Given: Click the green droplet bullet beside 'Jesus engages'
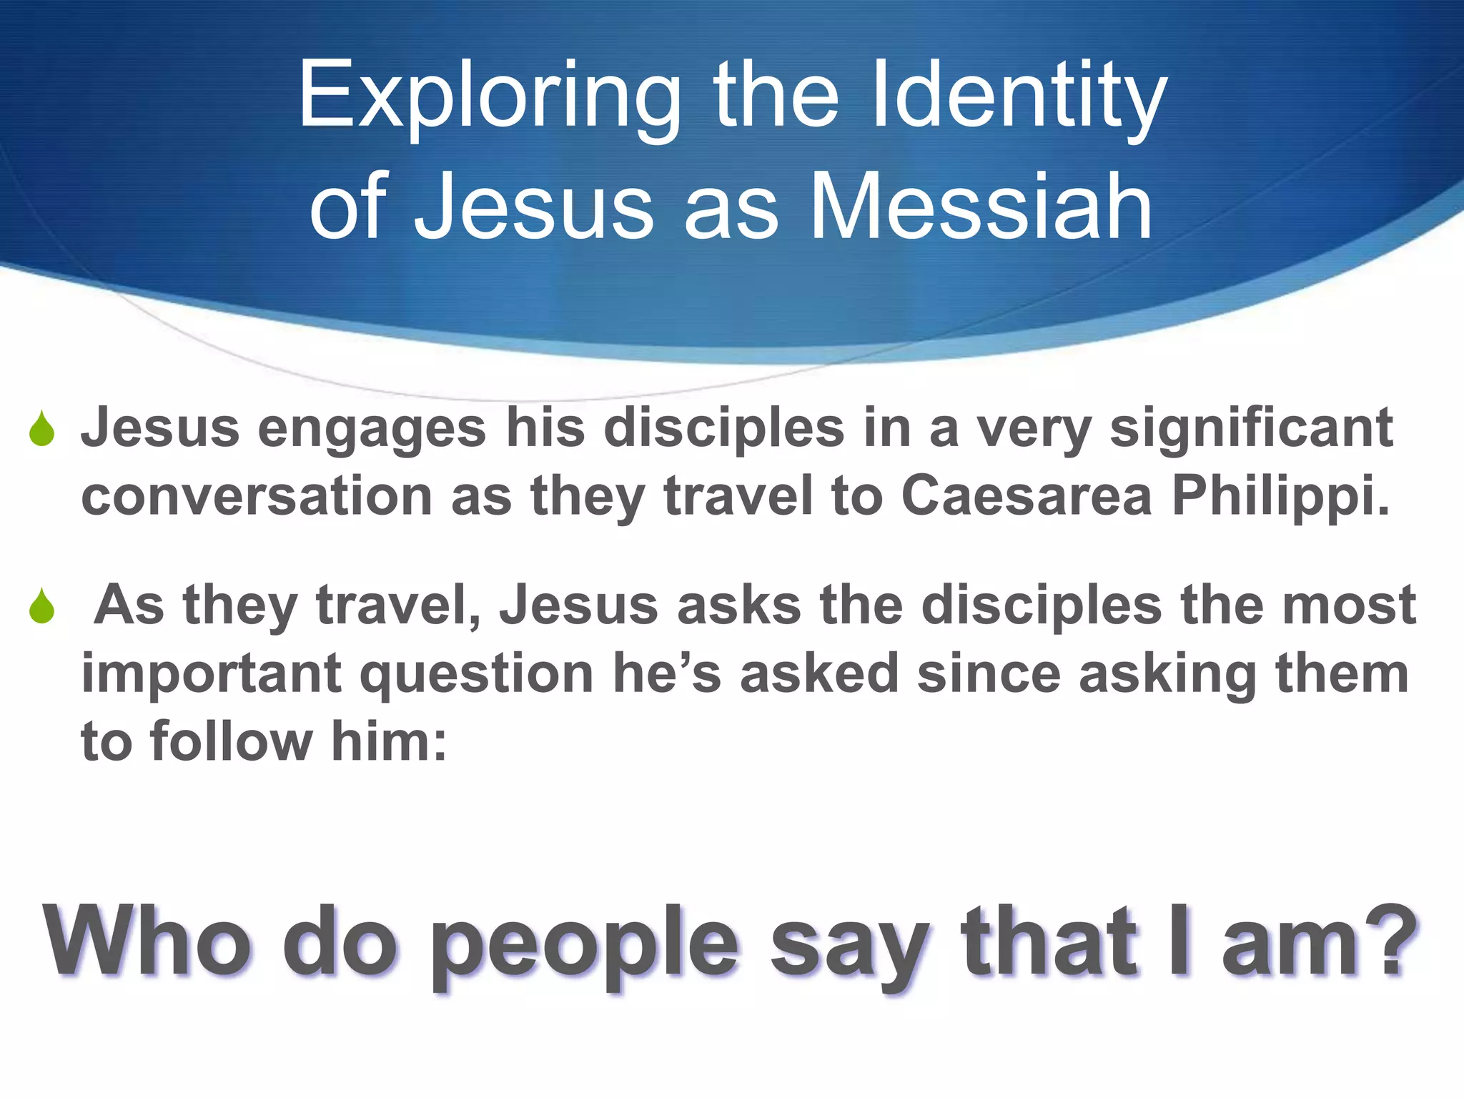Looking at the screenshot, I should [x=42, y=430].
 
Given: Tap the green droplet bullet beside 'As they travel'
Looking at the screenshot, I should [x=42, y=607].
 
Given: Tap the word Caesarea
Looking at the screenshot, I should [x=1027, y=496].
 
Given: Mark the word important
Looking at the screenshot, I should [x=212, y=674].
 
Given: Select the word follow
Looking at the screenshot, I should [x=232, y=741].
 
